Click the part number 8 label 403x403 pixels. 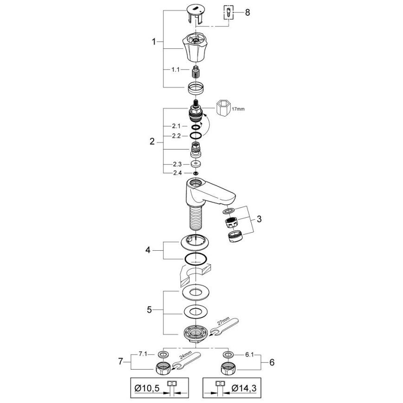click(247, 13)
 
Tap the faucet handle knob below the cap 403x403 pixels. click(197, 48)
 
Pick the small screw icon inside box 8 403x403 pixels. click(228, 12)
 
